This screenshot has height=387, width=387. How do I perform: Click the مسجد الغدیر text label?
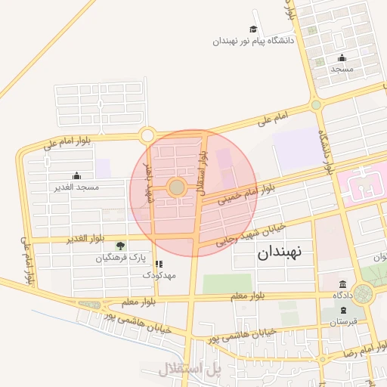73,186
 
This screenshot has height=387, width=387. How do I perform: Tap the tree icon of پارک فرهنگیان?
120,246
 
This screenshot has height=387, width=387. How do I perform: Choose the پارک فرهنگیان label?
119,258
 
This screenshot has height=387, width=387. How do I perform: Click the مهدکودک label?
159,276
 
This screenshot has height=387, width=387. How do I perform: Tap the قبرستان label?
343,322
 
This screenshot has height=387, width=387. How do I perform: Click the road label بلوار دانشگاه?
327,154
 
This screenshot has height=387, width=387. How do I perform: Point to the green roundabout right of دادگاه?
364,293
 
